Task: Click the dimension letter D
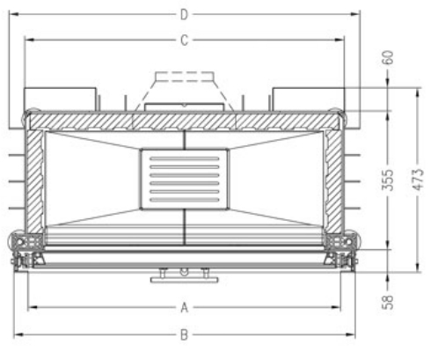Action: click(x=184, y=14)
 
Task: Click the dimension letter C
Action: click(x=184, y=40)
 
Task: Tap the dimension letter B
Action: click(x=184, y=334)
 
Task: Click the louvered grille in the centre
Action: click(x=184, y=177)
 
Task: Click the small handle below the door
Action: click(x=184, y=276)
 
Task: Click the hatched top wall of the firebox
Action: click(x=184, y=121)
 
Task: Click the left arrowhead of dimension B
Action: click(x=17, y=334)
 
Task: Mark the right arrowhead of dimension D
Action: click(x=358, y=14)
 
